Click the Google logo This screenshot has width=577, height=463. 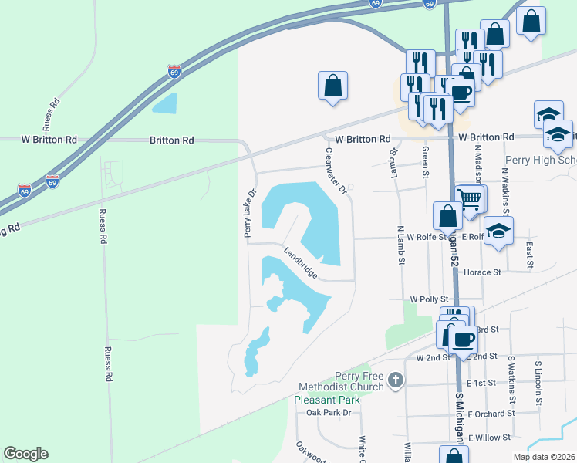pos(25,454)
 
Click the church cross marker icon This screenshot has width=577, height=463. pos(396,380)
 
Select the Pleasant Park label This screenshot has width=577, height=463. pos(327,400)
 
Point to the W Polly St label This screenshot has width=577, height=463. pos(430,299)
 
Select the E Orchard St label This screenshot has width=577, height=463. pos(491,414)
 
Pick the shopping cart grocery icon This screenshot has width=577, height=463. pos(470,199)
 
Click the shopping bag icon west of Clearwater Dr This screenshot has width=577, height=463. pos(332,86)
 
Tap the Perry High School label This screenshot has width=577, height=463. pos(540,161)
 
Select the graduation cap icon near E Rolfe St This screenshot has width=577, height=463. pos(498,230)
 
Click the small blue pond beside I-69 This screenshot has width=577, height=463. pos(164,103)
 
